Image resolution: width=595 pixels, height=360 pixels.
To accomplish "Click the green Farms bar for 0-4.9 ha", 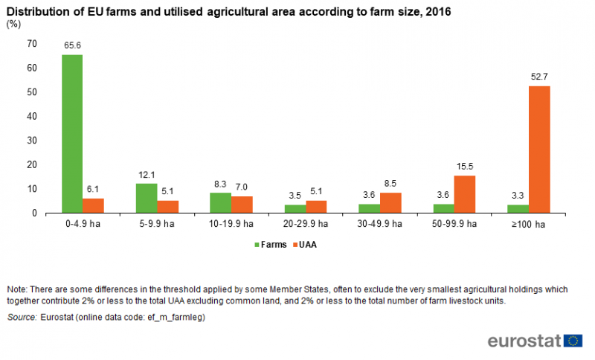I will click(x=72, y=134).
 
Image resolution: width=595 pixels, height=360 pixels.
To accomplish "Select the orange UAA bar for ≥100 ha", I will click(x=539, y=150).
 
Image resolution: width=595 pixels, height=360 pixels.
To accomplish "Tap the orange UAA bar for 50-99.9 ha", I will click(x=465, y=194).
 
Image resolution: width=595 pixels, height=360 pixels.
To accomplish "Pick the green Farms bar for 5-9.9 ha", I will click(x=147, y=198).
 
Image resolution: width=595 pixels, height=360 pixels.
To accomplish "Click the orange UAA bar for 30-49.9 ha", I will click(x=390, y=203).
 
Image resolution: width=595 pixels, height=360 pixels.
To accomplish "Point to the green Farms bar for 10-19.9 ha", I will click(x=221, y=202).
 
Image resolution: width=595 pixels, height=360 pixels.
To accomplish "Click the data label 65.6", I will click(x=72, y=45).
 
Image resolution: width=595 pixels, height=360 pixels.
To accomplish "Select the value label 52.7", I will click(x=539, y=77).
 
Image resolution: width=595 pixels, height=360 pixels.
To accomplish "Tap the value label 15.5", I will click(x=465, y=167).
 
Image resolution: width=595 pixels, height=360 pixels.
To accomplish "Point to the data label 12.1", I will click(x=147, y=175).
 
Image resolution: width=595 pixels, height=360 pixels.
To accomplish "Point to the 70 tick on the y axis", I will click(x=31, y=44).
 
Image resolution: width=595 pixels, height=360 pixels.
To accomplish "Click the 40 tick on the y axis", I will click(x=31, y=116).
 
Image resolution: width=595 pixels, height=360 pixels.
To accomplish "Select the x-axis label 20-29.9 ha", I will click(x=306, y=224).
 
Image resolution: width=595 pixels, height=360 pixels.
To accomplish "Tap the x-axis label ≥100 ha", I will click(x=529, y=224).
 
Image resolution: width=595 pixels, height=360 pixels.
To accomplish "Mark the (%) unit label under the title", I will click(x=13, y=24).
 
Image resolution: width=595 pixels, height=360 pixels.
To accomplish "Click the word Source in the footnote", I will click(x=22, y=318).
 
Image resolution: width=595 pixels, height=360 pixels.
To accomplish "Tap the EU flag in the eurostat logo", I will click(x=573, y=341).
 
